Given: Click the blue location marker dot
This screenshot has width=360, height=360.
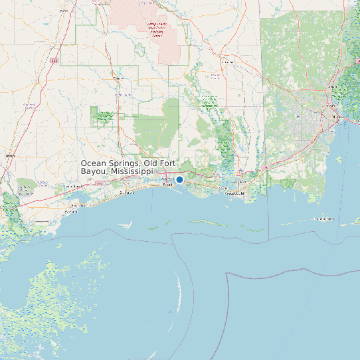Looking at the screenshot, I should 179,179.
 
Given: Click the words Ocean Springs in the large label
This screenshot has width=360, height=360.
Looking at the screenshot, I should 110,163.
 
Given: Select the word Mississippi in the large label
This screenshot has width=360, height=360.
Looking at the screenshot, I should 137,171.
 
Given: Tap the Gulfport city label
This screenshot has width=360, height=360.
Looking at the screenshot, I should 126,193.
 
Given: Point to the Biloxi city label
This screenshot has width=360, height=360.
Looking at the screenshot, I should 167,185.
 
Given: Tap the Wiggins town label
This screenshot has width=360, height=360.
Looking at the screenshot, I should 119,78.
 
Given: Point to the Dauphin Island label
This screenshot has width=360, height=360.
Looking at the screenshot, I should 325,219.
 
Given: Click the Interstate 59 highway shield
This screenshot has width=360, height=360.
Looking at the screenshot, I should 55,61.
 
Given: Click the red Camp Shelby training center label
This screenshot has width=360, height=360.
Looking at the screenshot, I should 157,30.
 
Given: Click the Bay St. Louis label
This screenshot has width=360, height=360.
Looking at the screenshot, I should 78,205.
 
